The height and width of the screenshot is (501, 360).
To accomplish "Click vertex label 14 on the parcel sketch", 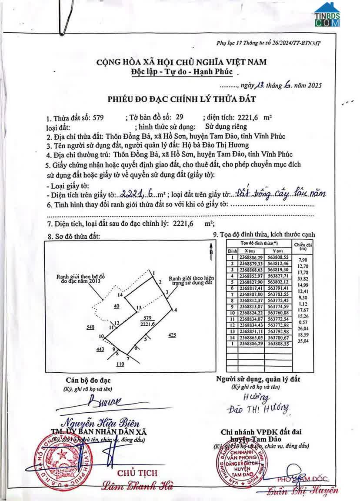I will [x=120, y=295].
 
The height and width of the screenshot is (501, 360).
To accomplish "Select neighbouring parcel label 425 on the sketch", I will [x=172, y=335].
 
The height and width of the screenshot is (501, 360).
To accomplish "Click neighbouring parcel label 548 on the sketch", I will [x=90, y=327].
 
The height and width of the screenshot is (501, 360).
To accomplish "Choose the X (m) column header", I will [x=250, y=251].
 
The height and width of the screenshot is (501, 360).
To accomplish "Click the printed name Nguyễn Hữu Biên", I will [x=103, y=422].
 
